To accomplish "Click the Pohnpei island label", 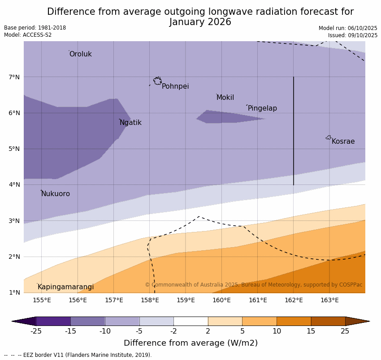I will (175, 86).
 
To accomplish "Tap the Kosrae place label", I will (343, 141).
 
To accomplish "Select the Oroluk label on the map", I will (80, 54).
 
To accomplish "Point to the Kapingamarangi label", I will (65, 287).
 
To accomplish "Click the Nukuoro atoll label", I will (56, 194).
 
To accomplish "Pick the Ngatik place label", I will (130, 123).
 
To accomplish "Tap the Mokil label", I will (225, 98).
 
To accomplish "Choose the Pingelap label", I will (262, 108).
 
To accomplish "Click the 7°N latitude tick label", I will (14, 77).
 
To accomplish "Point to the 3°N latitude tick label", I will (14, 221).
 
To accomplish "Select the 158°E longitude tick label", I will (150, 300).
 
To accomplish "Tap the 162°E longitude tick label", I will (294, 300).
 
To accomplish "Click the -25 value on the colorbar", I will (36, 331).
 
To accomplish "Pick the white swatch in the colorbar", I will (190, 321).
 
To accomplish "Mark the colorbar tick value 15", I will (311, 331).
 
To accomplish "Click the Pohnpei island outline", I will (157, 81).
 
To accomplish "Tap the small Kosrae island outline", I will (329, 137).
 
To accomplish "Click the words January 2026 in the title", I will (200, 22).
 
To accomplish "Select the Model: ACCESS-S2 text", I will (28, 35).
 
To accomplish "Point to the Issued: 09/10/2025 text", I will (353, 35).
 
